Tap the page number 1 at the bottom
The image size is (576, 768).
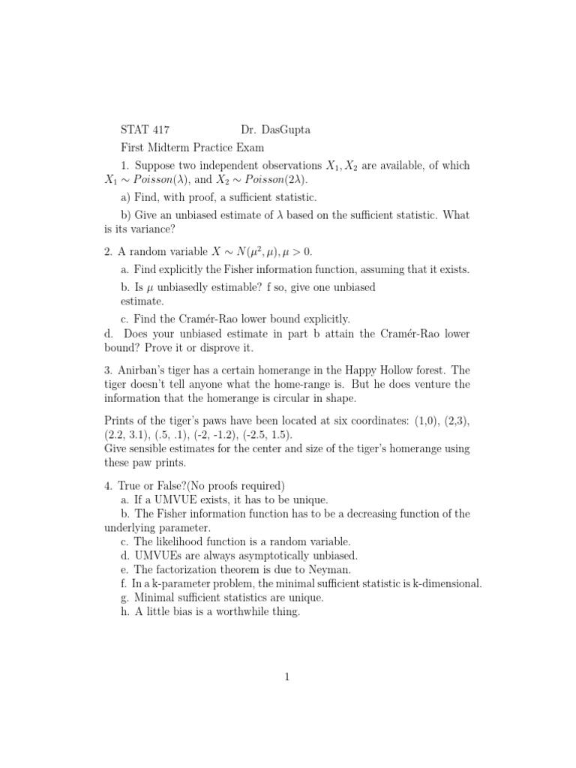[x=287, y=677]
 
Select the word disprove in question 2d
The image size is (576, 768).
[x=219, y=348]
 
